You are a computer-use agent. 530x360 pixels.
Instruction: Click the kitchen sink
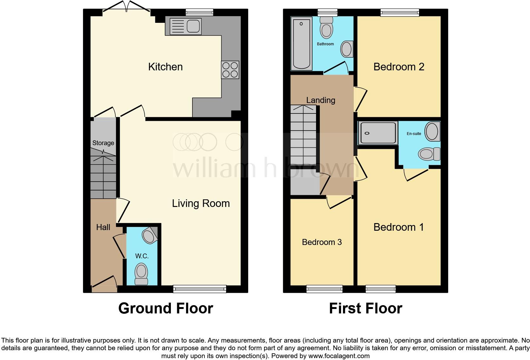click(186, 26)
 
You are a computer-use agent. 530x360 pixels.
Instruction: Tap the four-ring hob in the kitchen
click(230, 70)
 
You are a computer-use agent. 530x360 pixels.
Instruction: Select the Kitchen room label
click(165, 67)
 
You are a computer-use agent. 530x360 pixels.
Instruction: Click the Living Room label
click(201, 203)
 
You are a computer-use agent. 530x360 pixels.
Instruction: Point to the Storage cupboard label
click(103, 143)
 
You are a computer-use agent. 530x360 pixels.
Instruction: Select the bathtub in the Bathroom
click(301, 43)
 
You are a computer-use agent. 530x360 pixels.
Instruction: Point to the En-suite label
click(414, 134)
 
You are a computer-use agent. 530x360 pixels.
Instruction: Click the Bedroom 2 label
click(398, 67)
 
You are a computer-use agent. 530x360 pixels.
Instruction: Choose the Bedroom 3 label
click(322, 242)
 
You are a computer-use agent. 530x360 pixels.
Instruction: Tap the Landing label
click(320, 100)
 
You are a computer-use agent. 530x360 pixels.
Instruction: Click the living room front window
click(200, 289)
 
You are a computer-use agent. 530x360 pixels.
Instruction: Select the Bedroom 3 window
click(324, 289)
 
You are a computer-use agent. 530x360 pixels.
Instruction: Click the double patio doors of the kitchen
click(126, 8)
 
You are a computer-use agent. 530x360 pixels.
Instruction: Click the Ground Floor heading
click(165, 308)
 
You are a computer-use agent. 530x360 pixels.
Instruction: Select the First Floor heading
click(365, 308)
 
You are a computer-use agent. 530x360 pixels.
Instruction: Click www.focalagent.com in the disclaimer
click(339, 356)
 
